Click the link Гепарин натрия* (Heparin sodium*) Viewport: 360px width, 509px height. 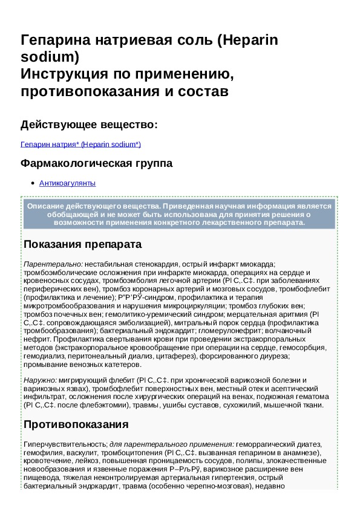point(80,144)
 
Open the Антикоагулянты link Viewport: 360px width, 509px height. point(67,183)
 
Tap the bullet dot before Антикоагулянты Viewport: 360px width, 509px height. point(31,183)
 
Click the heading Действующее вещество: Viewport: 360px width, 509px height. point(89,125)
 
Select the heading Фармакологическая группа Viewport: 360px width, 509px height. point(96,164)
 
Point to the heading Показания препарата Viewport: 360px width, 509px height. point(82,244)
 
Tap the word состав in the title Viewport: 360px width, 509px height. point(204,92)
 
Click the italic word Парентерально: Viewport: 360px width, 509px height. point(53,264)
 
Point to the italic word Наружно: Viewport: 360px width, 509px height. point(40,380)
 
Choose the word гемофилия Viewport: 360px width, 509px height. point(42,452)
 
